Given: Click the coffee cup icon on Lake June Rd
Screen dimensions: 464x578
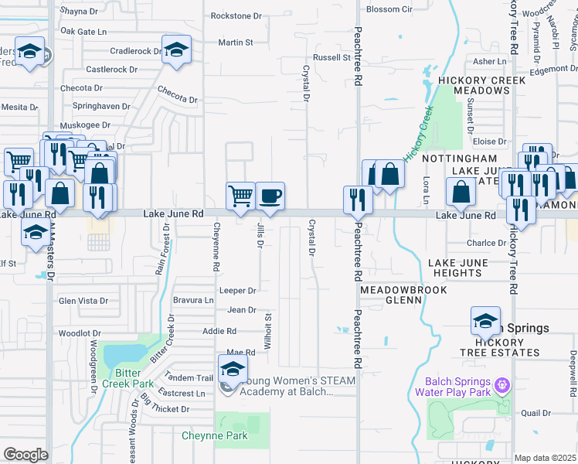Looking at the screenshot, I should (270, 196).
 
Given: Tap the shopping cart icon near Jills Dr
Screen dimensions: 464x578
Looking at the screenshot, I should (240, 196).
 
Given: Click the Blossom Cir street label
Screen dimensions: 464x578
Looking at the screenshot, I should (390, 9).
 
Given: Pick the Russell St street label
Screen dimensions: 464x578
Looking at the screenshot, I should (331, 57).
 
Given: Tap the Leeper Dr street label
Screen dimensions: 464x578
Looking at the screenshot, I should (237, 291).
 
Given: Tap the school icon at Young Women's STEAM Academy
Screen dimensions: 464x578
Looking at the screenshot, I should (233, 370).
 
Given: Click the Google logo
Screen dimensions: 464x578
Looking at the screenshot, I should (25, 455).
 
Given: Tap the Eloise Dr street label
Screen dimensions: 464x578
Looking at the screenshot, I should (489, 142).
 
